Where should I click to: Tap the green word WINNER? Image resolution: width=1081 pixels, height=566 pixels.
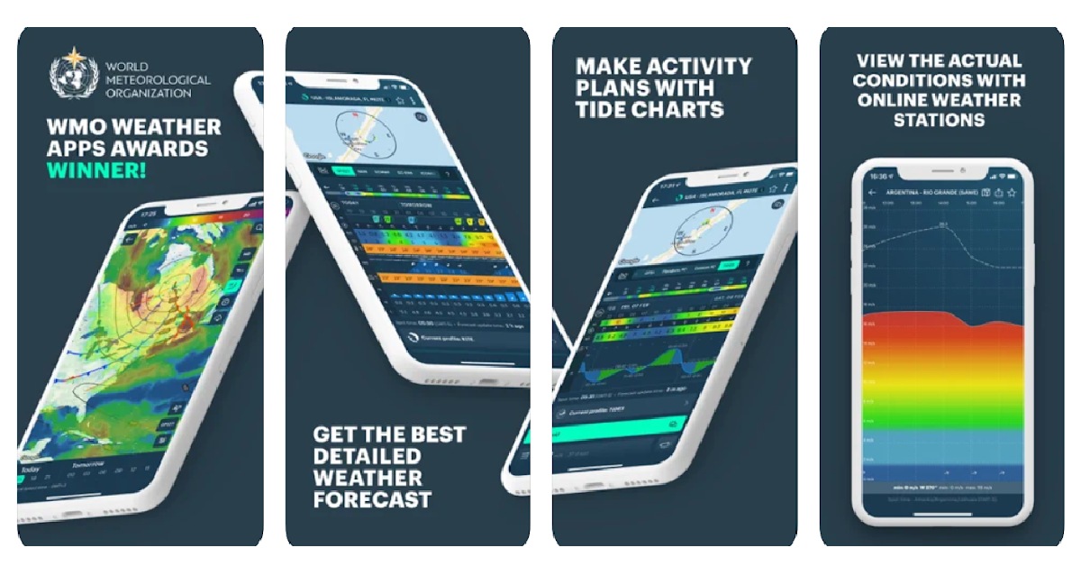[95, 170]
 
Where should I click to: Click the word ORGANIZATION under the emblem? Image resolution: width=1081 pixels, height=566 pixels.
[146, 92]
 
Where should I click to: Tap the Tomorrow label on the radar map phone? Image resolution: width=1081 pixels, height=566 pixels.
[87, 464]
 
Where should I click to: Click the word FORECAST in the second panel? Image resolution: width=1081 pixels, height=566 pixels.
[372, 498]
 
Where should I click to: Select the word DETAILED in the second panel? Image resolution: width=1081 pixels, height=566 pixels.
[367, 456]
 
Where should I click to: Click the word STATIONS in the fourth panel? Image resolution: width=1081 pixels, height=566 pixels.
[939, 120]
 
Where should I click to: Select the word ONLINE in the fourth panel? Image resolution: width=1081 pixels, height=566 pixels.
[895, 100]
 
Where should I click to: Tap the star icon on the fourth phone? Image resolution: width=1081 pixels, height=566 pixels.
[1012, 193]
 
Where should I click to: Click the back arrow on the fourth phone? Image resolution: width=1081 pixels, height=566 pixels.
[871, 193]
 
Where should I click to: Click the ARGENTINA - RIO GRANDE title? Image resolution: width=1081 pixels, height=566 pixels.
[932, 193]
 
